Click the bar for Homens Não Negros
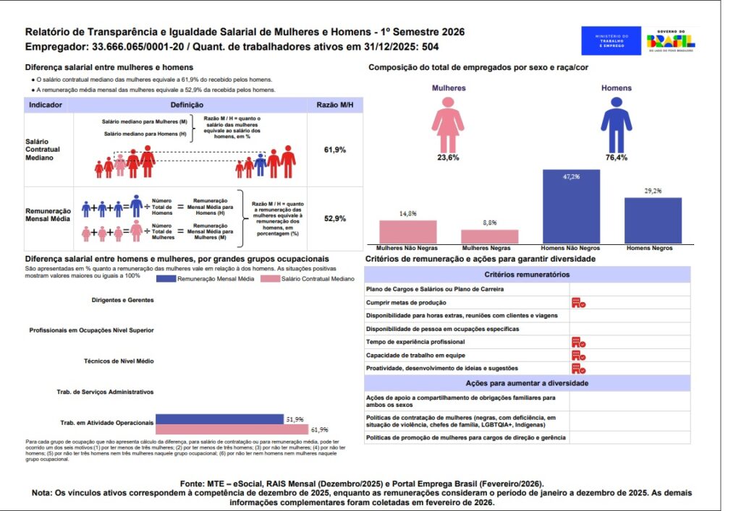pos(571,207)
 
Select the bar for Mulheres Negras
pos(490,236)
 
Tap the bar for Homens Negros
pos(653,220)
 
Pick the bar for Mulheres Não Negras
pos(408,231)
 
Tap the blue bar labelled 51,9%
pos(219,419)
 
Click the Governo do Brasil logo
pos(671,41)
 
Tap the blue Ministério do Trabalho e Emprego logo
pos(611,41)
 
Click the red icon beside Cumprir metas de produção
pos(577,303)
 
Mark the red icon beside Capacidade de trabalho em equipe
pos(577,355)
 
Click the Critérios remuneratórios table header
pos(527,275)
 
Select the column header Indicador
pos(45,105)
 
